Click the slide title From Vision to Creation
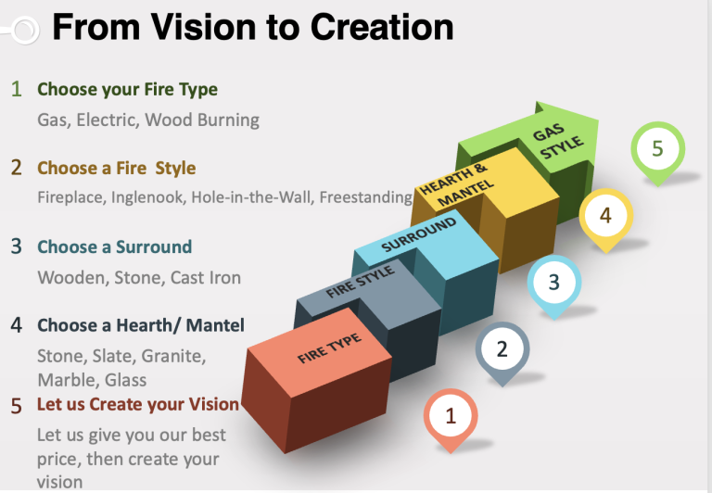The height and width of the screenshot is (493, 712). [253, 27]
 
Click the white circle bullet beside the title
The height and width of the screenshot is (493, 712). [25, 31]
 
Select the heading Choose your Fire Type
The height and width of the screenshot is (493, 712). [127, 90]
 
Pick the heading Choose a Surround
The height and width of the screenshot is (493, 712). [114, 246]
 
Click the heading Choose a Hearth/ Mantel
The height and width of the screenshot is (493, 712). [141, 325]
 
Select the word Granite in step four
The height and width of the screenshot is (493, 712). [173, 357]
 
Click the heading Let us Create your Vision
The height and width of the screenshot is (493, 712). [138, 404]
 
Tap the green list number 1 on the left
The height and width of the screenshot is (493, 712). [17, 89]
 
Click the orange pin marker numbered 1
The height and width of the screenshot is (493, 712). [451, 420]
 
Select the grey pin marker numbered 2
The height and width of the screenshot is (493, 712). [502, 353]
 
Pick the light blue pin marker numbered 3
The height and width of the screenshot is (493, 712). [554, 286]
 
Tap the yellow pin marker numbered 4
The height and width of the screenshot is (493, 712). [605, 220]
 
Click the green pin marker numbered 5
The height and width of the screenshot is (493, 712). [657, 153]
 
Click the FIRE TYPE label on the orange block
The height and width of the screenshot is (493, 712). [330, 348]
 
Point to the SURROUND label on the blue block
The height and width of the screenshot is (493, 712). [419, 234]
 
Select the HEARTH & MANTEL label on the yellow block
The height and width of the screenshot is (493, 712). [456, 184]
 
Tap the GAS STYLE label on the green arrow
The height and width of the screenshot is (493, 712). [557, 141]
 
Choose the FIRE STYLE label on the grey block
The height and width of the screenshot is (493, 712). [361, 282]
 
